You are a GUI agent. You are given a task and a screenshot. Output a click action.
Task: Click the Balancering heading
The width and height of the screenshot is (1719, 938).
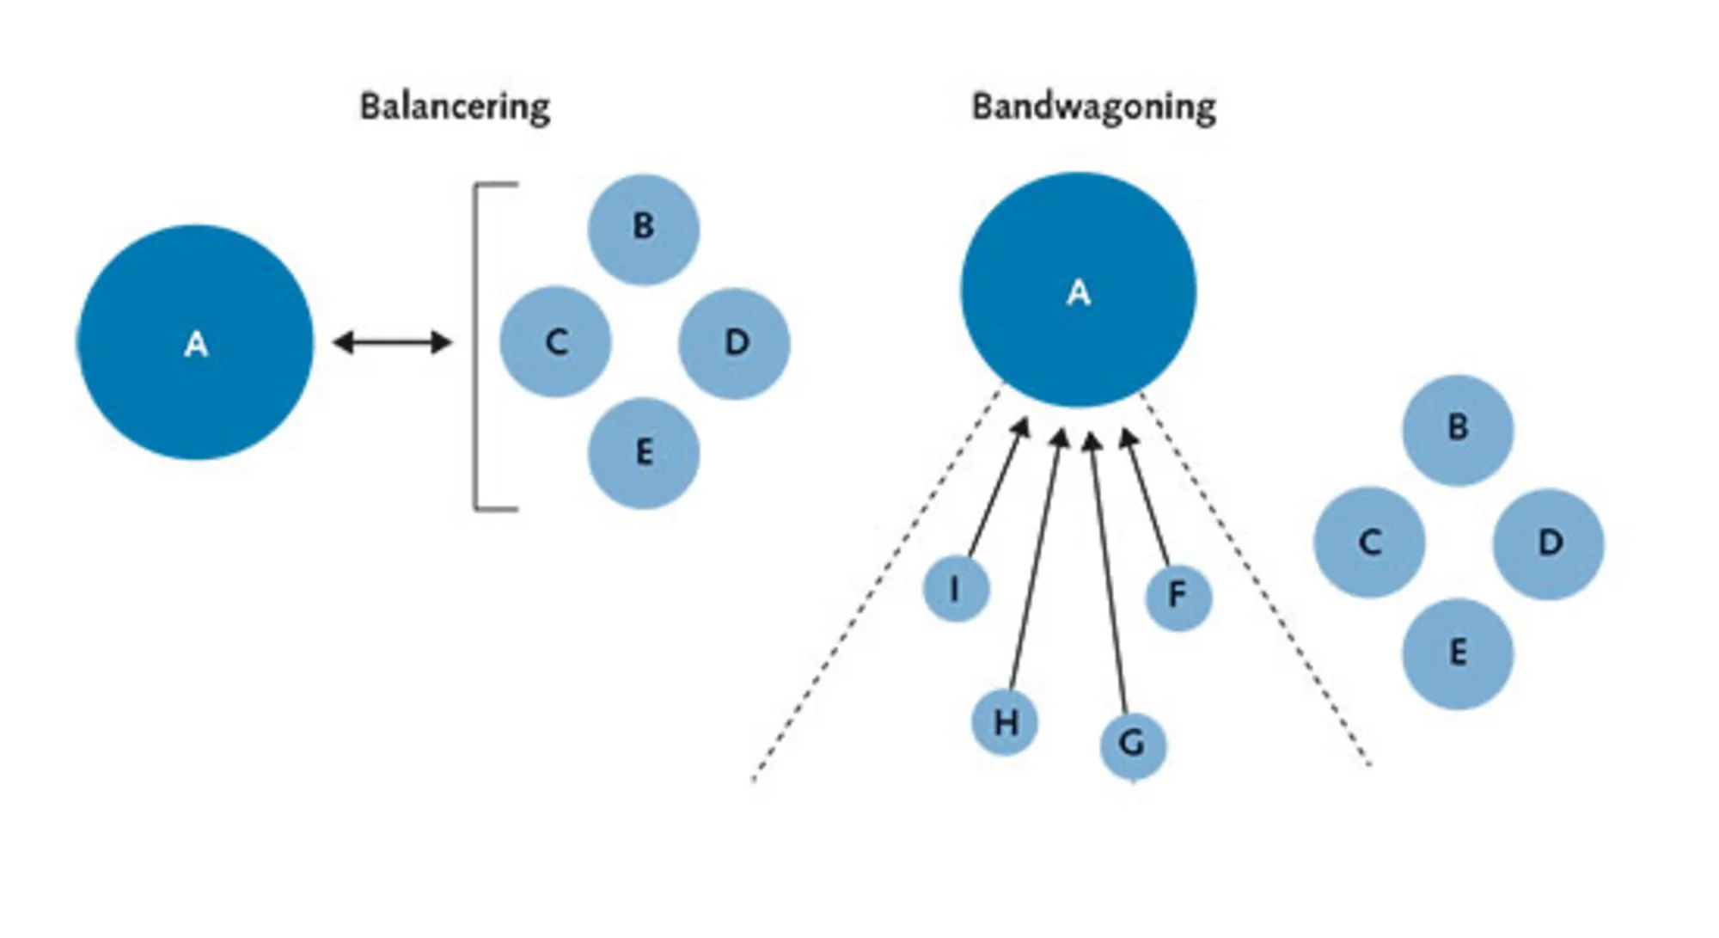tap(455, 107)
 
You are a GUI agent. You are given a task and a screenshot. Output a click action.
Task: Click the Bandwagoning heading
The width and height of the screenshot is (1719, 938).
tap(1093, 107)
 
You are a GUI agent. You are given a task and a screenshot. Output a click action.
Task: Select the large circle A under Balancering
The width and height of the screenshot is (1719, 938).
tap(196, 343)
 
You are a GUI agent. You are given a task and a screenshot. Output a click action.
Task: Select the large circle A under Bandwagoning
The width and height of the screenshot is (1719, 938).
tap(1078, 291)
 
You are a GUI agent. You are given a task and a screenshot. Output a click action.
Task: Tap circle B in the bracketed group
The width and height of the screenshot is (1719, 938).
tap(643, 229)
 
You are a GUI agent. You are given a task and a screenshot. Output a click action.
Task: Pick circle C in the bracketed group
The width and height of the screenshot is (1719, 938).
tap(555, 342)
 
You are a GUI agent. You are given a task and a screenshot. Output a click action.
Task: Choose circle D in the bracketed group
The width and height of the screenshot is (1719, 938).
tap(734, 343)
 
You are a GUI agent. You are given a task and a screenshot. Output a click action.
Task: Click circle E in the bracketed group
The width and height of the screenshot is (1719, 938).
tap(643, 453)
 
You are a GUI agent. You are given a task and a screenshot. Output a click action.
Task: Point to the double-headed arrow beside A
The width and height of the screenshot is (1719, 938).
tap(392, 343)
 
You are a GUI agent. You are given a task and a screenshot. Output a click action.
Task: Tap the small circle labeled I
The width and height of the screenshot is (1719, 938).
tap(956, 589)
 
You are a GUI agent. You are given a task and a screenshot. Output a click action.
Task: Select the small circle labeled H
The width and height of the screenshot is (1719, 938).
tap(1005, 722)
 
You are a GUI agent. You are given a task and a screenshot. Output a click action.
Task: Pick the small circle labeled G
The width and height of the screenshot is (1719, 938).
tap(1133, 745)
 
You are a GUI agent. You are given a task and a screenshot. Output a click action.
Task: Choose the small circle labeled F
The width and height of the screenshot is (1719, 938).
tap(1178, 597)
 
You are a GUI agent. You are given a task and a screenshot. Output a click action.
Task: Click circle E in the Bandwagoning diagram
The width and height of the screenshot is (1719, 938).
tap(1458, 653)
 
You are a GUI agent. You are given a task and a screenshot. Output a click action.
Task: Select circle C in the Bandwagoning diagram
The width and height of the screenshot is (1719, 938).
tap(1369, 543)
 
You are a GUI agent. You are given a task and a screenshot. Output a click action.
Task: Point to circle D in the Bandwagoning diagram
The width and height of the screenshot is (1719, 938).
tap(1548, 543)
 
